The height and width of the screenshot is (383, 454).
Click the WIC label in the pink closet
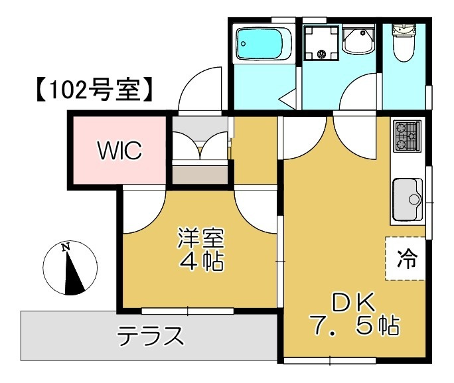(x=120, y=151)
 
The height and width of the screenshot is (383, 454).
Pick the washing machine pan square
(x=321, y=43)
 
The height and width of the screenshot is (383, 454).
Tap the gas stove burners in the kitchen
(x=406, y=135)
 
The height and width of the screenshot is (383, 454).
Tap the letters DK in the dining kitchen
(x=353, y=303)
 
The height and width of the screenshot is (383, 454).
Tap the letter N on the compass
(x=65, y=248)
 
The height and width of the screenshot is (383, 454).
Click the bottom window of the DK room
(x=330, y=362)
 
